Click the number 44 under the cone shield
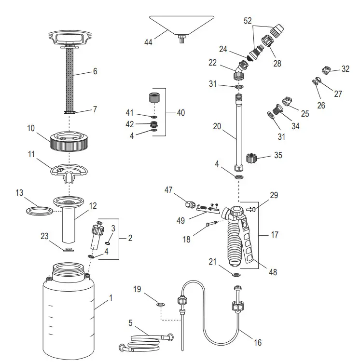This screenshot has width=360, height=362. coord(148,43)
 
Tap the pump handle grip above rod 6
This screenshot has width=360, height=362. coord(71,38)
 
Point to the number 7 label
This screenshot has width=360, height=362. coord(95,109)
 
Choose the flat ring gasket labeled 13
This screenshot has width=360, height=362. coord(39,211)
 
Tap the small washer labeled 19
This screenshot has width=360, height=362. coord(160,304)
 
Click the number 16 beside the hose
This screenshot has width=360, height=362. coord(258,342)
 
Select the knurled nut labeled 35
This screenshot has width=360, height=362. coord(251,158)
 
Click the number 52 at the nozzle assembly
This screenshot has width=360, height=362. coord(248,21)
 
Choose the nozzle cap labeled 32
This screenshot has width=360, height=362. coord(327,70)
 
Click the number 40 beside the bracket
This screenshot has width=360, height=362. coord(180,113)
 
